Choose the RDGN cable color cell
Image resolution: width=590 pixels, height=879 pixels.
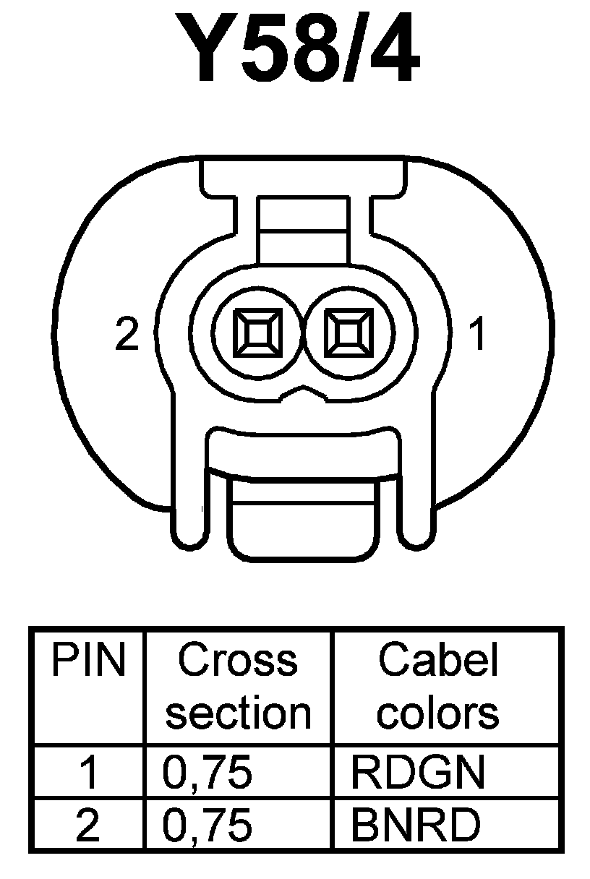tap(416, 773)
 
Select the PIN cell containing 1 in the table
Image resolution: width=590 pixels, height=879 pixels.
tap(88, 773)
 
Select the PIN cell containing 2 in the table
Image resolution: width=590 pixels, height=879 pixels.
tap(88, 825)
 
